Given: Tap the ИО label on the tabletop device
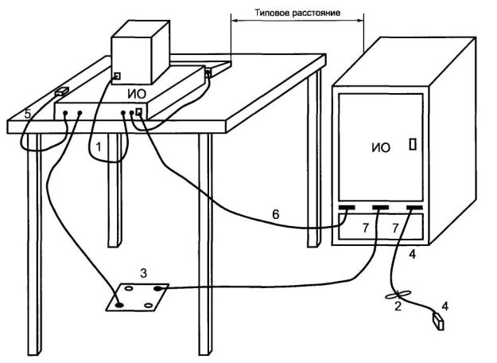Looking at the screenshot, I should [138, 94].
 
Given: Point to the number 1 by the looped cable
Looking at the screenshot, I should [98, 147].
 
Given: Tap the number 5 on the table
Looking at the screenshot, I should [28, 115].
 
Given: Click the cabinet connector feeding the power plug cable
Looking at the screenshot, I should [411, 209].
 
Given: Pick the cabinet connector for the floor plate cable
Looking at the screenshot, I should [380, 209].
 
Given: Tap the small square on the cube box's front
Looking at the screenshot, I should [117, 76].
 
